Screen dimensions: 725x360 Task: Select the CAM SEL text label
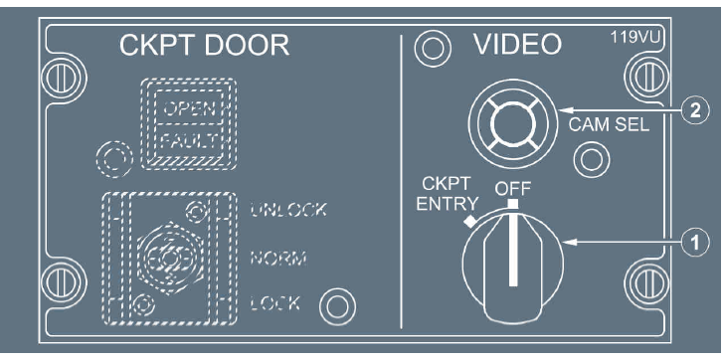coord(608,126)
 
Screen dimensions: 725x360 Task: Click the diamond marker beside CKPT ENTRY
coord(469,222)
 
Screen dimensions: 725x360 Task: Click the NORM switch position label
coord(278,258)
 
